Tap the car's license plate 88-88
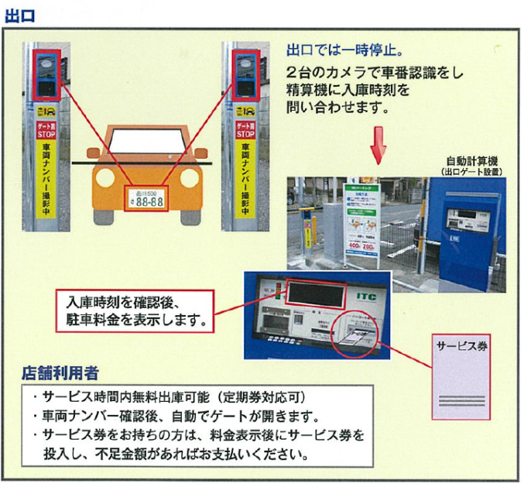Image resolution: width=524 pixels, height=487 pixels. click(146, 201)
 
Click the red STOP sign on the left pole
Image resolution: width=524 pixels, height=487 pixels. click(46, 129)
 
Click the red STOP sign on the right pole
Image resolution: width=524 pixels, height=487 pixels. click(246, 129)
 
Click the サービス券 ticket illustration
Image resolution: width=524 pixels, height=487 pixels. click(461, 376)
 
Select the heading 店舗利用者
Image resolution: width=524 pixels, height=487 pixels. click(60, 373)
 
